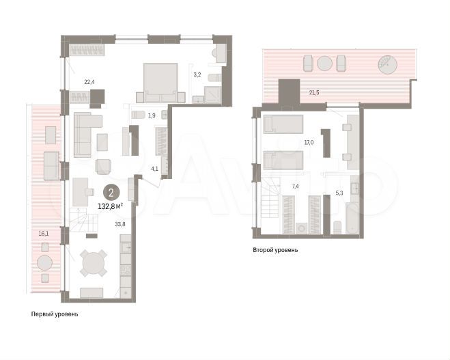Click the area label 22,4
click(x=89, y=82)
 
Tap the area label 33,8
click(x=119, y=223)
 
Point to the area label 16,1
click(x=44, y=233)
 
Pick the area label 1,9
click(x=152, y=116)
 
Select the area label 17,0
click(x=308, y=143)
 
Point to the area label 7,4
click(x=295, y=186)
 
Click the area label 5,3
click(x=339, y=193)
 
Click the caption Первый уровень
click(x=55, y=315)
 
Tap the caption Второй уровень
click(x=275, y=250)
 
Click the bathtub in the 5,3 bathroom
click(x=354, y=202)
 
